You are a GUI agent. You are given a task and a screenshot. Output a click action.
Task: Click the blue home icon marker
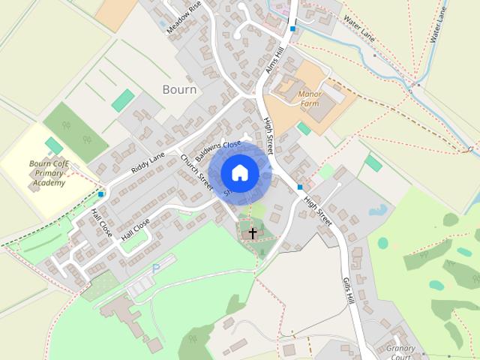(x=240, y=173)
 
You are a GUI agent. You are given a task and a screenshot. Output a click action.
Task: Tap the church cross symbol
(x=253, y=233)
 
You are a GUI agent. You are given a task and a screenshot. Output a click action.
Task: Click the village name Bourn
(x=179, y=89)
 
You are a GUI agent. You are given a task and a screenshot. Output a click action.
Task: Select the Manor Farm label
(x=308, y=98)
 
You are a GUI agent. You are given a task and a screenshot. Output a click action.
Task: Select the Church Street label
(x=196, y=172)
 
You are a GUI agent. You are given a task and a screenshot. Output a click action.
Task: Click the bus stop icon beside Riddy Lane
(x=100, y=194)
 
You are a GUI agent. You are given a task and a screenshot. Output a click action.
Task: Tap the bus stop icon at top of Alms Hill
(x=293, y=28)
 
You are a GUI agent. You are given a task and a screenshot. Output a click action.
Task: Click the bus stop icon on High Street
(x=300, y=187)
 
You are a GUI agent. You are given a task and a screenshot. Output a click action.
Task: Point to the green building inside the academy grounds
(x=54, y=145)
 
